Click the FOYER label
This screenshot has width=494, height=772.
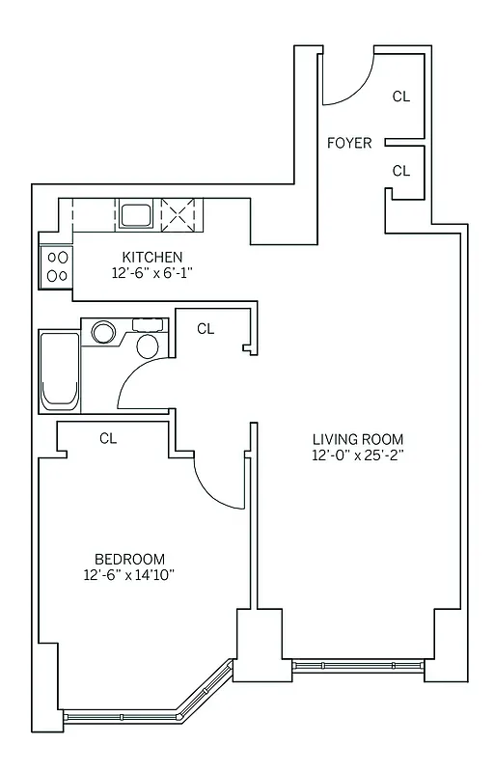click(349, 143)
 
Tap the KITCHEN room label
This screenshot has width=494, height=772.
click(152, 257)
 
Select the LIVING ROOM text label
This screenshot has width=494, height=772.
click(357, 438)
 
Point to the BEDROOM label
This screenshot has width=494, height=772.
click(129, 559)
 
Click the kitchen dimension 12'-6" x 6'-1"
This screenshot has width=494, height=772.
click(152, 273)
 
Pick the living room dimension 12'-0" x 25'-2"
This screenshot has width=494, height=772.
click(357, 455)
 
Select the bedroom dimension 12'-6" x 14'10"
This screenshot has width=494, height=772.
click(129, 575)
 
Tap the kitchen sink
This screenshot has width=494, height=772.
click(135, 213)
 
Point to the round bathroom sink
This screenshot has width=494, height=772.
click(102, 333)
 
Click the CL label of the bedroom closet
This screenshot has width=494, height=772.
click(108, 438)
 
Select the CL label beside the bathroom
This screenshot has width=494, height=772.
click(206, 329)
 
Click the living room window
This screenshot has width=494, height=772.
click(358, 666)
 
